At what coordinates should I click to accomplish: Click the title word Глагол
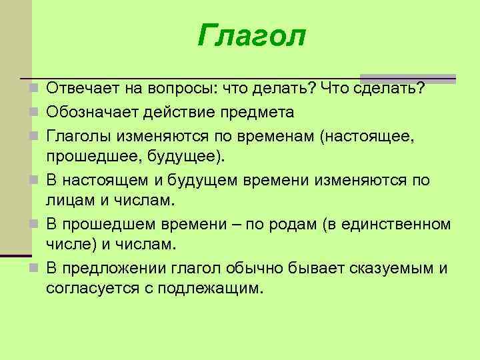click(251, 36)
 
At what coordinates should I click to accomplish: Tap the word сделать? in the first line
click(390, 89)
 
